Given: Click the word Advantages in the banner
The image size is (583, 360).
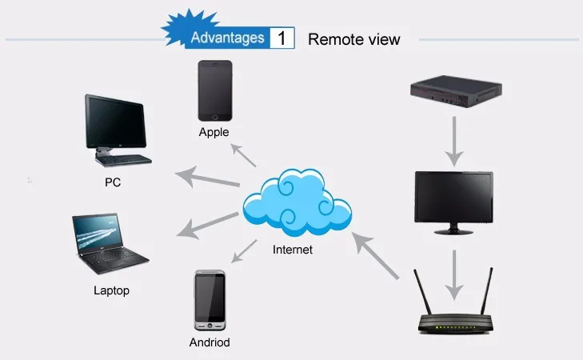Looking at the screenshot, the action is [x=228, y=38].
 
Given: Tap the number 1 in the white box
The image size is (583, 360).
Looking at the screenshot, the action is [x=282, y=38].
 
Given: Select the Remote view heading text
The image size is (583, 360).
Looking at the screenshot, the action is [x=354, y=39].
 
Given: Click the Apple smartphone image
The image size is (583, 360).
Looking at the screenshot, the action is [x=215, y=90].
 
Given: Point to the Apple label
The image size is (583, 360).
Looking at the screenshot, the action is [x=214, y=132].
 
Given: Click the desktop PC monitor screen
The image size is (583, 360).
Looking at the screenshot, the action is [x=116, y=122].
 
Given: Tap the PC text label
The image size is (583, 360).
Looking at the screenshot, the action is [x=113, y=182].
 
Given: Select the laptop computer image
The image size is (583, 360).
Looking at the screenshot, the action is [x=110, y=243].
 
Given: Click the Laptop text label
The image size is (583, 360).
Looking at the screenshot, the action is [x=111, y=290].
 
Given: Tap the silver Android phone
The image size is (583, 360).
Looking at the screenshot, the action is [x=210, y=300].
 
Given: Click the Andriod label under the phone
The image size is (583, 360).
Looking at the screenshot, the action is [x=210, y=342].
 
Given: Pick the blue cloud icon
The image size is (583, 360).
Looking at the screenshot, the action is [x=297, y=202].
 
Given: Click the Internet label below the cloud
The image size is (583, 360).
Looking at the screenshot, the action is [x=293, y=250].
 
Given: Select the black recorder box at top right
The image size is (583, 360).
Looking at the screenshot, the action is [x=456, y=91].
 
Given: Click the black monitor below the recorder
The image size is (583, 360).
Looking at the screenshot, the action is [x=454, y=202].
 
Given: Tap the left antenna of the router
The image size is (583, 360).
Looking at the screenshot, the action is [x=423, y=293].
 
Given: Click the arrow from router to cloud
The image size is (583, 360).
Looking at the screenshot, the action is [x=375, y=255].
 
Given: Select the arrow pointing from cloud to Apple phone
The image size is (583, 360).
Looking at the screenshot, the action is [x=244, y=155].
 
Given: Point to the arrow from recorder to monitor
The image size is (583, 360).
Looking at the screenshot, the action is [x=454, y=142].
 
